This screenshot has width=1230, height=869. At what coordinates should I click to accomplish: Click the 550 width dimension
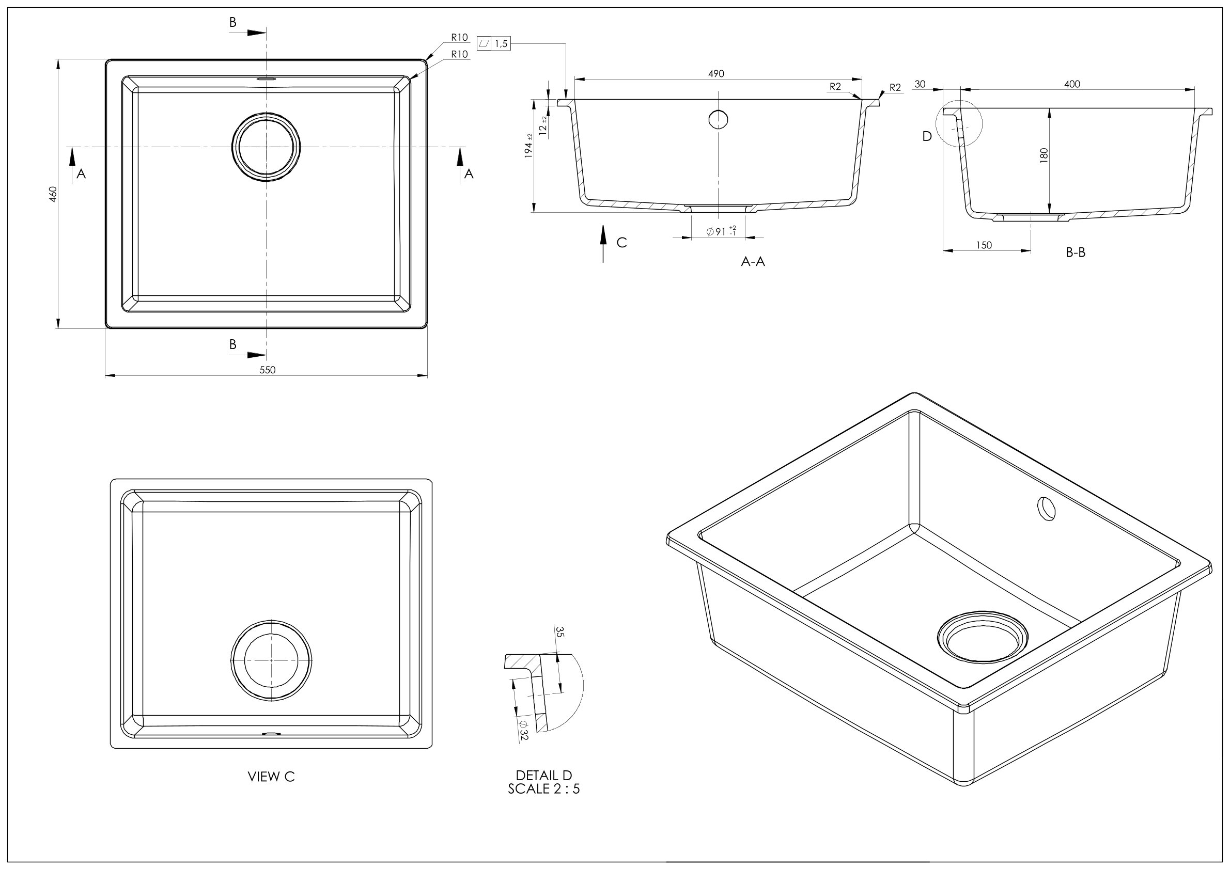(x=267, y=370)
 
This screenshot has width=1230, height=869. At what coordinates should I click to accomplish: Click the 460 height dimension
(x=53, y=194)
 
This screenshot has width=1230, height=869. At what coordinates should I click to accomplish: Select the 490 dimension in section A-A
(x=716, y=74)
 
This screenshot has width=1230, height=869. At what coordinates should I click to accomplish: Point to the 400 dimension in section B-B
(x=1072, y=84)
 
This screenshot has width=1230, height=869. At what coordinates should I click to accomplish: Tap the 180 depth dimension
(x=1044, y=155)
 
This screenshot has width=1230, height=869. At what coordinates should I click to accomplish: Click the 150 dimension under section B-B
(x=984, y=245)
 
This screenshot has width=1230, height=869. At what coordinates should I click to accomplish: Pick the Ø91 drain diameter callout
(x=721, y=231)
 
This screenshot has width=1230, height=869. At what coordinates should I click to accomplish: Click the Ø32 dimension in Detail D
(x=523, y=731)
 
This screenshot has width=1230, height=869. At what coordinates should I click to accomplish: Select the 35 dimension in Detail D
(x=560, y=632)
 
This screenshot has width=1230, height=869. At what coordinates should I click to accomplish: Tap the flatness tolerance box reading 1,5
(x=493, y=44)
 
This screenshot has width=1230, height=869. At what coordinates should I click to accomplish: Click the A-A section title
(x=753, y=261)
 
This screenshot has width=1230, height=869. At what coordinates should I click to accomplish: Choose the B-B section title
(x=1075, y=252)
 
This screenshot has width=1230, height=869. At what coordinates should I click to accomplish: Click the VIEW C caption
(x=271, y=777)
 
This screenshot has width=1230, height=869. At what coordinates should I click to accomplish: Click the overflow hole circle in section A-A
(x=718, y=119)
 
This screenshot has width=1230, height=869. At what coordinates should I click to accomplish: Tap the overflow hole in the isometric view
(x=1046, y=508)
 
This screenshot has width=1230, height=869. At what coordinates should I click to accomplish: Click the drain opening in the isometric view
(x=983, y=637)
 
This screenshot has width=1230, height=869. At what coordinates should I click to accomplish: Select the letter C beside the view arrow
(x=621, y=243)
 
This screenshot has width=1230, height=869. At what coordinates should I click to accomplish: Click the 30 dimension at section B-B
(x=920, y=84)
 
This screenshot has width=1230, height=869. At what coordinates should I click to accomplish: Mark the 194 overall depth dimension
(x=529, y=146)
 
